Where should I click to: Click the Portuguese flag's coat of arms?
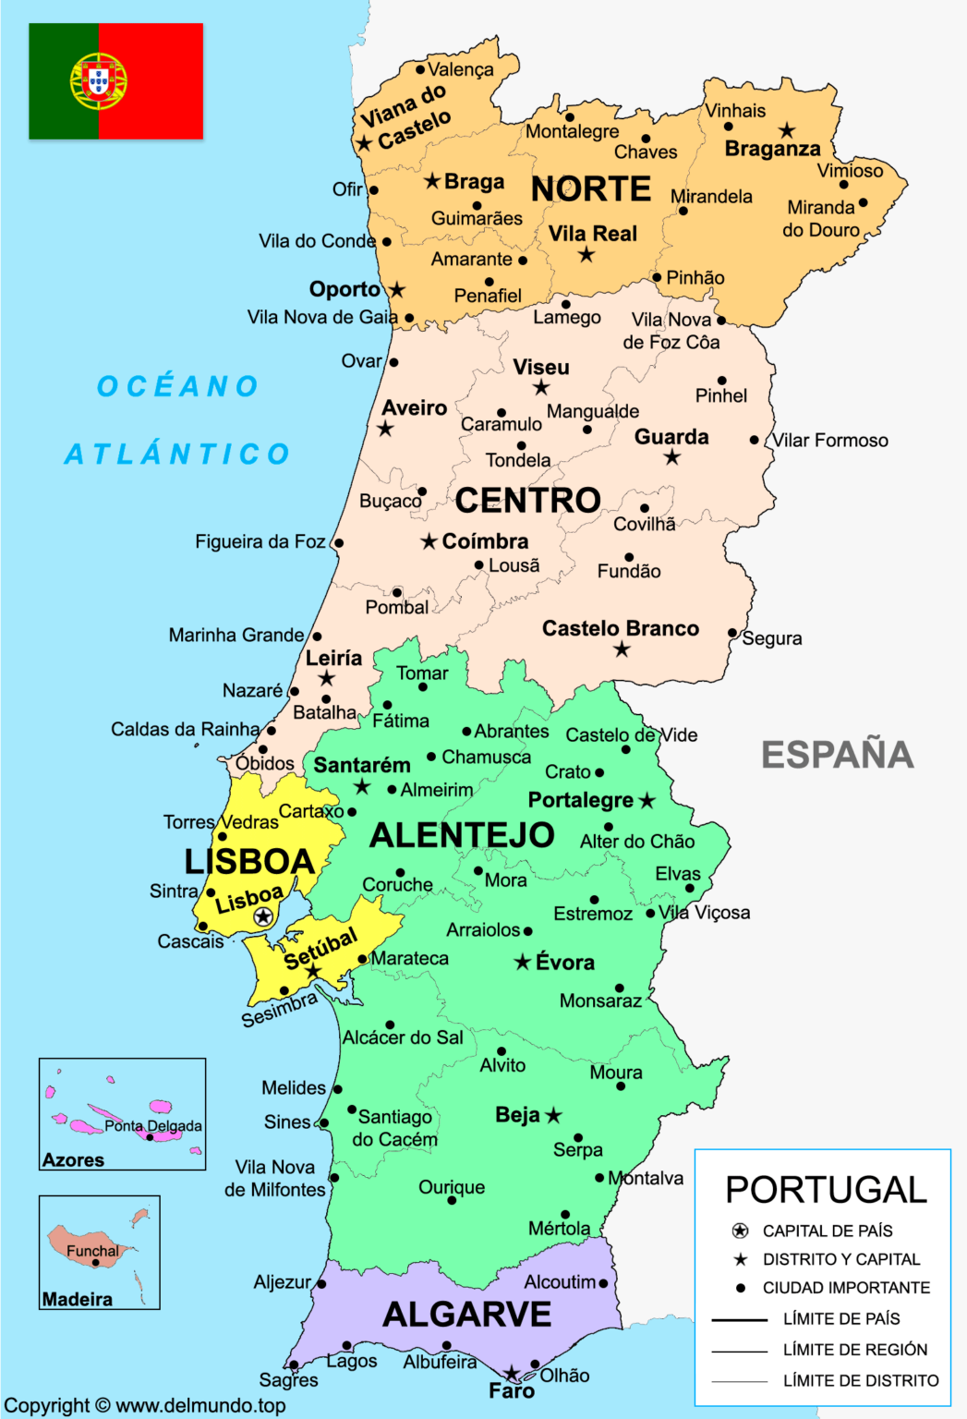pos(98,81)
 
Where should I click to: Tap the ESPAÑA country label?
pos(837,755)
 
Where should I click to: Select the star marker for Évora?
pos(523,963)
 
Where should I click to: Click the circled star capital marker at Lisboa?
pos(263,916)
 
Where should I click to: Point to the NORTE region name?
pos(591,189)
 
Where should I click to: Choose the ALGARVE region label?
pos(466,1314)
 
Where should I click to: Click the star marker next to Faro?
pos(511,1374)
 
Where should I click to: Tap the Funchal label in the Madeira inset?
pos(92,1251)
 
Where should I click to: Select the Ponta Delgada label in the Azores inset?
pos(152,1126)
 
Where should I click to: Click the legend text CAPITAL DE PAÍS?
pos(828,1231)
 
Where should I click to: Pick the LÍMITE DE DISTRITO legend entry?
pos(860,1380)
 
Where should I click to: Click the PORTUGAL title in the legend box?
pos(826,1190)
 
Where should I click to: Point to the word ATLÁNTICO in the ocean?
pos(177,454)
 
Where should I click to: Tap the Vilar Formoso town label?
pos(830,441)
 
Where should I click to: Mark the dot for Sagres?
pos(294,1364)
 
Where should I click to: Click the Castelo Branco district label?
pos(620,628)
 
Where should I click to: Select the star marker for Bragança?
pos(786,130)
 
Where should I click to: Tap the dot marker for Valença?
pos(420,69)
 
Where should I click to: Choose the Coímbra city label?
pos(485,541)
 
